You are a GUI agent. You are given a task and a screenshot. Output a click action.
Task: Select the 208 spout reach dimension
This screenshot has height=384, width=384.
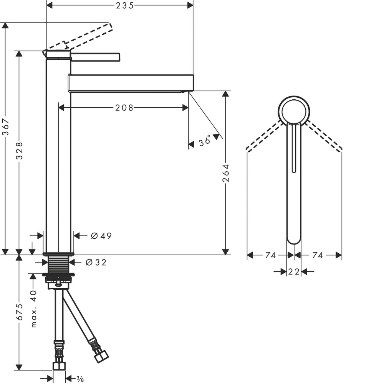124,108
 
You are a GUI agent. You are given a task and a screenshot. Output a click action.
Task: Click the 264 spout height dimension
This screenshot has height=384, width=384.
226,173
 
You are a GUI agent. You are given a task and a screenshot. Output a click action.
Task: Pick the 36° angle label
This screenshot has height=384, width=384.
205,141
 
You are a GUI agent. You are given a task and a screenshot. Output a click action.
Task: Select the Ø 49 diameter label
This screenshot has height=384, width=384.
101,236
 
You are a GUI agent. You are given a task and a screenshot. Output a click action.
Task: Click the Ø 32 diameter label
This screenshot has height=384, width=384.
96,263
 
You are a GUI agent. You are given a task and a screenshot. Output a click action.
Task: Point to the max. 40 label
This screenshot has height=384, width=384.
34,309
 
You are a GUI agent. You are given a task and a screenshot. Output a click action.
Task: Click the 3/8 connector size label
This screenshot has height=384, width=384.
79,379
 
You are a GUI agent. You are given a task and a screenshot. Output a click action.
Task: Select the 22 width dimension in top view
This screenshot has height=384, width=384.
294,272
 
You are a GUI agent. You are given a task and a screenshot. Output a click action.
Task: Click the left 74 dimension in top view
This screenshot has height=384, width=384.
270,255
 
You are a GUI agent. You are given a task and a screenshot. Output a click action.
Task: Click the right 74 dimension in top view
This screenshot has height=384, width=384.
318,255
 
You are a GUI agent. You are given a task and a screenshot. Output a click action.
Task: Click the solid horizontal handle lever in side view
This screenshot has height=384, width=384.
96,57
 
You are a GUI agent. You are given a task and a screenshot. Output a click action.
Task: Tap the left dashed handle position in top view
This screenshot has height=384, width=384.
265,136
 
